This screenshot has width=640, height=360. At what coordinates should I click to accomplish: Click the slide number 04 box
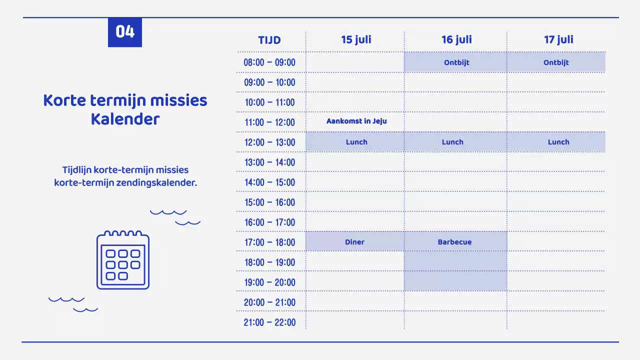125,32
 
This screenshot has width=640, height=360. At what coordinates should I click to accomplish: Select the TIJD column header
269,40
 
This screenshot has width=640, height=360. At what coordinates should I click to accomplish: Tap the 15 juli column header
356,39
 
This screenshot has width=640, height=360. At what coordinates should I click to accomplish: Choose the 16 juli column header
456,39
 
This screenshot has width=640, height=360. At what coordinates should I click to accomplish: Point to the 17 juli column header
558,39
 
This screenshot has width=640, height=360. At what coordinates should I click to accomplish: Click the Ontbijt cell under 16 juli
456,62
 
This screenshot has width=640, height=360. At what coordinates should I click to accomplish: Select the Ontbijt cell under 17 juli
556,62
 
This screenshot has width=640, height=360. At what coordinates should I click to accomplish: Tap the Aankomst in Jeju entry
356,121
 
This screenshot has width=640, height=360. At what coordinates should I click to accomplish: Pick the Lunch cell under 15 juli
356,142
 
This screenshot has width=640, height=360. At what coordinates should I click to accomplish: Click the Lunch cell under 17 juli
558,142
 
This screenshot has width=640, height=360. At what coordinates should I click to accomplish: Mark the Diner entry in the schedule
354,242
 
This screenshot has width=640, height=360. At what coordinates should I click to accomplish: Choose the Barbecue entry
454,242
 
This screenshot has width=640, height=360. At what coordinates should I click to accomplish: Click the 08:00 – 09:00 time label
269,62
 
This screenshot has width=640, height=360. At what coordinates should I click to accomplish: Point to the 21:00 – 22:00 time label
269,322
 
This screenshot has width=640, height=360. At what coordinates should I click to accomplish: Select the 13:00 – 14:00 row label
269,162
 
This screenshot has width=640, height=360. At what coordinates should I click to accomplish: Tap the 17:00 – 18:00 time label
269,242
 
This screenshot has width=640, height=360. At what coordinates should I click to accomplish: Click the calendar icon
123,260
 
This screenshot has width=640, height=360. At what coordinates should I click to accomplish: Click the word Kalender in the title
125,119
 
